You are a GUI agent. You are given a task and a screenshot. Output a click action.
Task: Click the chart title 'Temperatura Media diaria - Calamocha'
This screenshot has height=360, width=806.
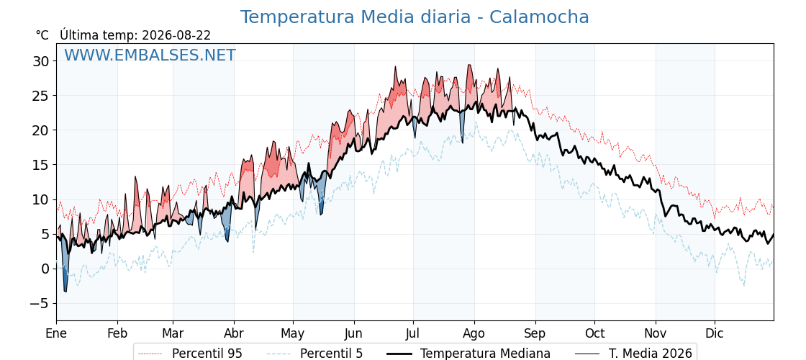tap(415, 17)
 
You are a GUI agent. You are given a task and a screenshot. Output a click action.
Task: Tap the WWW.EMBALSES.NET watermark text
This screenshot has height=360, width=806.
tap(150, 55)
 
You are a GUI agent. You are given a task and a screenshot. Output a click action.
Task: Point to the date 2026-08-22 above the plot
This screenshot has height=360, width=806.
tap(176, 35)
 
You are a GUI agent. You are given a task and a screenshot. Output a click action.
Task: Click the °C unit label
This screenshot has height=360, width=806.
tap(42, 35)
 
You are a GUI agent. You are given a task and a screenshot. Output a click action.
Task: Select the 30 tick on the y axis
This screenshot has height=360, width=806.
tap(41, 61)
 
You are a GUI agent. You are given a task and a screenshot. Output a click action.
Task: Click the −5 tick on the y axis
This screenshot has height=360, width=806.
tap(39, 303)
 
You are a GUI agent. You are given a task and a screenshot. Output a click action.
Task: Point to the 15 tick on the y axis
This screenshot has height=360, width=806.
tap(41, 165)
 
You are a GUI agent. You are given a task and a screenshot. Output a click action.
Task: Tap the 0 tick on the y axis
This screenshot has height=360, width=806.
tap(46, 269)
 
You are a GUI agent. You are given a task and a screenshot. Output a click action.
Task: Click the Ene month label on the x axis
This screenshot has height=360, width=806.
tap(56, 334)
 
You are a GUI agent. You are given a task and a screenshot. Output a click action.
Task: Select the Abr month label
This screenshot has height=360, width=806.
tap(234, 334)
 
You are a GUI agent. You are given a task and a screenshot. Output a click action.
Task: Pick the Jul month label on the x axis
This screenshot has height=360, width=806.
tap(413, 334)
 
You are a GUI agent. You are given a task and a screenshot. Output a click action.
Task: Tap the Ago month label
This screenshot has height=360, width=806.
tap(474, 334)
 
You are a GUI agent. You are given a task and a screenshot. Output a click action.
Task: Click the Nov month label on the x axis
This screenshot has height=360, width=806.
tap(656, 334)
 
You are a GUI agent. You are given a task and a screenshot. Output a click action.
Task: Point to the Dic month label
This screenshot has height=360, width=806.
tap(715, 334)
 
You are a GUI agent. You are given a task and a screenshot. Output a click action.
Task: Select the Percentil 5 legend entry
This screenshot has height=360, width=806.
tap(314, 354)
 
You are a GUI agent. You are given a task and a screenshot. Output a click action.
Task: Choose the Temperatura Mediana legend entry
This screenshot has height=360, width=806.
tap(468, 354)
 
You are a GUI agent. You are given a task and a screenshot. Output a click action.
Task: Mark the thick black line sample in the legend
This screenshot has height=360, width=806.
tap(399, 354)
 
